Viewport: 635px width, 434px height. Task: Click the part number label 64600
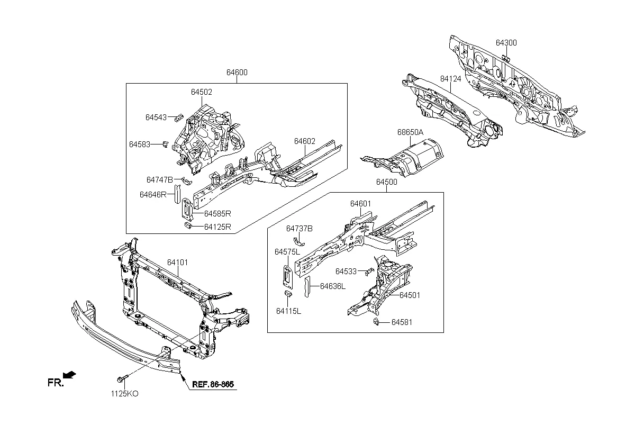coord(237,73)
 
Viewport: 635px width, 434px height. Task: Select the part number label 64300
coord(506,43)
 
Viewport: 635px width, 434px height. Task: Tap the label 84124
coord(451,79)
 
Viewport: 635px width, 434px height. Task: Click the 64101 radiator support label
coord(178,263)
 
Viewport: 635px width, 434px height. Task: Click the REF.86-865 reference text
coord(213,384)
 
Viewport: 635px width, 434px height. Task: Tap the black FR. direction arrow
coord(69,375)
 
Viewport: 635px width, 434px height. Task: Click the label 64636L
coord(333,286)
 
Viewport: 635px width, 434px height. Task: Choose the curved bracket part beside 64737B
coord(300,240)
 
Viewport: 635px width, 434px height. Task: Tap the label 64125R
coord(218,227)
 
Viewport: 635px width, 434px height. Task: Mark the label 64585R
coord(218,214)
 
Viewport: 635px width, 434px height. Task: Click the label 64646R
coord(153,195)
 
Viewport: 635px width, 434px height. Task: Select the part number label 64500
coord(387,182)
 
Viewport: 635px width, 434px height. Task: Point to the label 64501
coord(410,295)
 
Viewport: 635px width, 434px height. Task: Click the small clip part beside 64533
coord(370,272)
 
